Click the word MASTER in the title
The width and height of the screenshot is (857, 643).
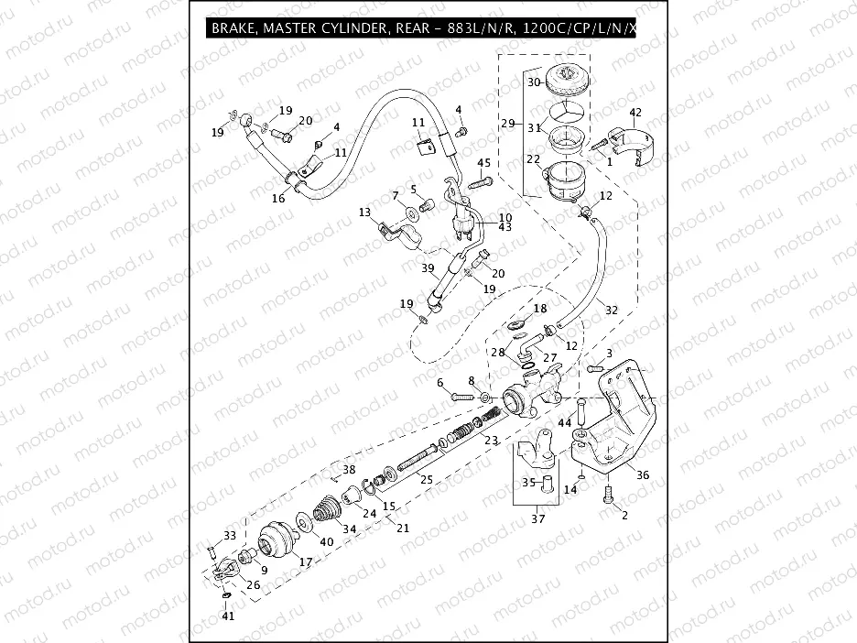(295, 28)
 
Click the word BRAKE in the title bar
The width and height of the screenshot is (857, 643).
(234, 28)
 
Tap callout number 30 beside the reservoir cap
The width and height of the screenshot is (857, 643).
(535, 82)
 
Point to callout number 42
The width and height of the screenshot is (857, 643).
(635, 113)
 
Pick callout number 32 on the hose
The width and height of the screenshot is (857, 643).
(612, 311)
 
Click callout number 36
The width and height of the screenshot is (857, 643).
(643, 475)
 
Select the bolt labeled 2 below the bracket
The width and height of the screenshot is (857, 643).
(607, 496)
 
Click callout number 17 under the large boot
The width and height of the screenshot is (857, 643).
(305, 561)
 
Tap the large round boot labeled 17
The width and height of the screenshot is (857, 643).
(276, 539)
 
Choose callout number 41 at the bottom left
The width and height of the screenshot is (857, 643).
(227, 616)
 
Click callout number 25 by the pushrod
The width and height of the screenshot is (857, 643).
(425, 479)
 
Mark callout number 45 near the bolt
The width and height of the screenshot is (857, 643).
(484, 163)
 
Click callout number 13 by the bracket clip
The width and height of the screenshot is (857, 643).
(364, 213)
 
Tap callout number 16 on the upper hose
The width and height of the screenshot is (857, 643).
(278, 198)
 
